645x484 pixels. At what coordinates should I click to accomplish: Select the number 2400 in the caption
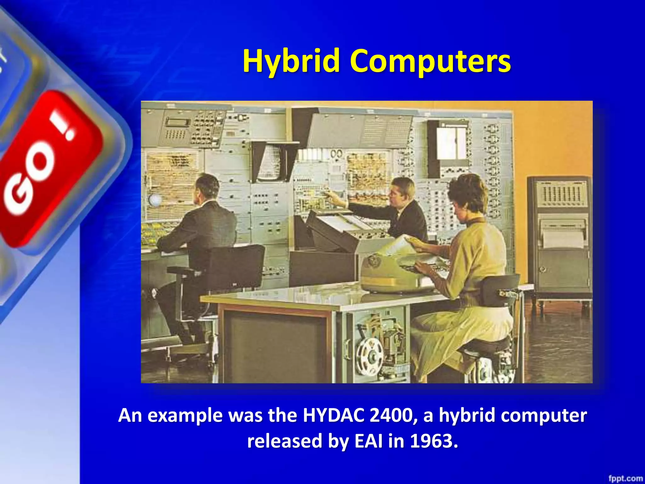coord(394,415)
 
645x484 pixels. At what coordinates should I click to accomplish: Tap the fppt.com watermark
coord(625,478)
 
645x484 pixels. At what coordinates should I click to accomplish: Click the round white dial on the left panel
coord(155,200)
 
